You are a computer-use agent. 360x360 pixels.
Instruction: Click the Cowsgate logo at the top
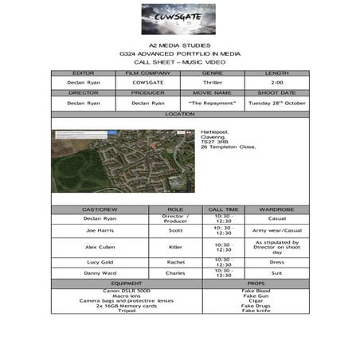point(179,18)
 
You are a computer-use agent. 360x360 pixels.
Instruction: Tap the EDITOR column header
point(83,72)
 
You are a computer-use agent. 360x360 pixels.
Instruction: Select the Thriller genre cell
point(212,82)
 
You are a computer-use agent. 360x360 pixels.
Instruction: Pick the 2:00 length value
point(276,82)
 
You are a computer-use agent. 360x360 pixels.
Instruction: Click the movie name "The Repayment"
point(212,103)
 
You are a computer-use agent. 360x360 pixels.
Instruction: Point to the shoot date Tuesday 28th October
point(276,103)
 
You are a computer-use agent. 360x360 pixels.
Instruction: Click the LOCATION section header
point(179,114)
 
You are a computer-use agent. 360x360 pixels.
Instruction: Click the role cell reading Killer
point(175,247)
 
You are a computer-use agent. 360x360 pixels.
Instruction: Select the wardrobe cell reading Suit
point(276,273)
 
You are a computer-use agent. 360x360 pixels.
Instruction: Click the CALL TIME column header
point(223,209)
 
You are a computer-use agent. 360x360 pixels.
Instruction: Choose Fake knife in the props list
point(255,311)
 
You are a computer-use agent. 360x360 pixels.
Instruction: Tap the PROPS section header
point(255,284)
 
